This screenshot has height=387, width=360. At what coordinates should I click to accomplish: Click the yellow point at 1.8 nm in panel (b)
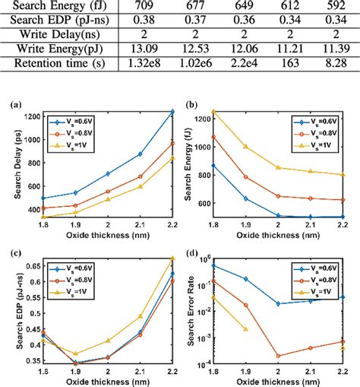click(x=213, y=112)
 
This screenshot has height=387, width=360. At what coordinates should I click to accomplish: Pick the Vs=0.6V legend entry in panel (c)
click(x=75, y=268)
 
